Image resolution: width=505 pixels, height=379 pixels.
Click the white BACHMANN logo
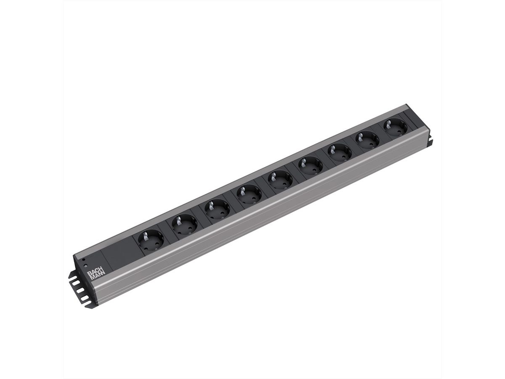[94, 274]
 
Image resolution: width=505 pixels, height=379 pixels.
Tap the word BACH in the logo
[93, 272]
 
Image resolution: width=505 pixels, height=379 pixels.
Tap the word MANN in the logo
[96, 277]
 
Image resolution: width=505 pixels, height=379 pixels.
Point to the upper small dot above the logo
[84, 260]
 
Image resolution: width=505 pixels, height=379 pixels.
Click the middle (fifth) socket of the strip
[279, 180]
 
